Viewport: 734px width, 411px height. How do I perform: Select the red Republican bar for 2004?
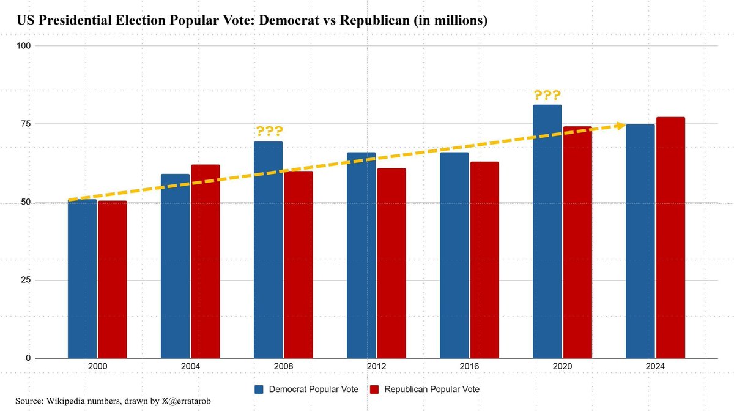click(x=205, y=262)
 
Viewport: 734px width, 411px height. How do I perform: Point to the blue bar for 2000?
click(x=82, y=279)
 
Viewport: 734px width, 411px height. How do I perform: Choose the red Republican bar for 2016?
click(x=484, y=260)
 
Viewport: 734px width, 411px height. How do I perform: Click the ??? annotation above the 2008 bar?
click(x=269, y=131)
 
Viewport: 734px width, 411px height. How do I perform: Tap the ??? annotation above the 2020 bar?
click(x=547, y=96)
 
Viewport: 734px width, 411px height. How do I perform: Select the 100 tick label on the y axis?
click(x=24, y=46)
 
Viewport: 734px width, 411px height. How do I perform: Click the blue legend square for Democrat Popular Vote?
click(x=259, y=390)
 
